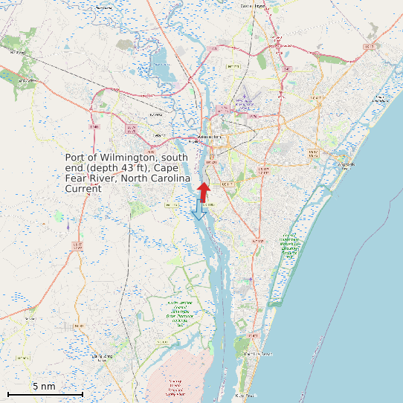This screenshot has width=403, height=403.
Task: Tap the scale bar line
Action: pos(45,393)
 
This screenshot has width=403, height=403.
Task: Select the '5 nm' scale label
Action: pos(44,386)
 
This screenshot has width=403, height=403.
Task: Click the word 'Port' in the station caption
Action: pos(75,158)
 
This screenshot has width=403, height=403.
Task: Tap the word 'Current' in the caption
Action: pos(83,189)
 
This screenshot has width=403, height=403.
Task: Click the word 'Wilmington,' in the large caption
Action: pos(126,158)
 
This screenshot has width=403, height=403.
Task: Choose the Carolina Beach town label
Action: pos(254,354)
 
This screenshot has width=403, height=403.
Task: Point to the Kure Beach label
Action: pos(245,396)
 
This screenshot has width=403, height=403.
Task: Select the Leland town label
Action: pos(158,135)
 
